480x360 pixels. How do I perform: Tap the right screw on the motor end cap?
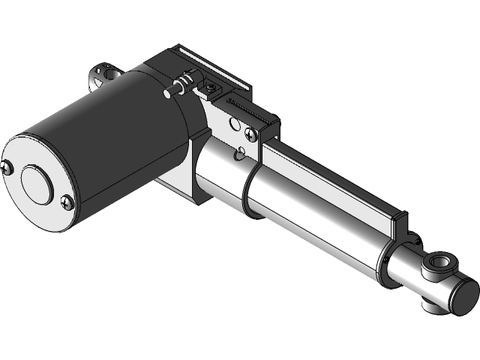click(67, 200)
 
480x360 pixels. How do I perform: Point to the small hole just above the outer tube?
click(239, 155)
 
